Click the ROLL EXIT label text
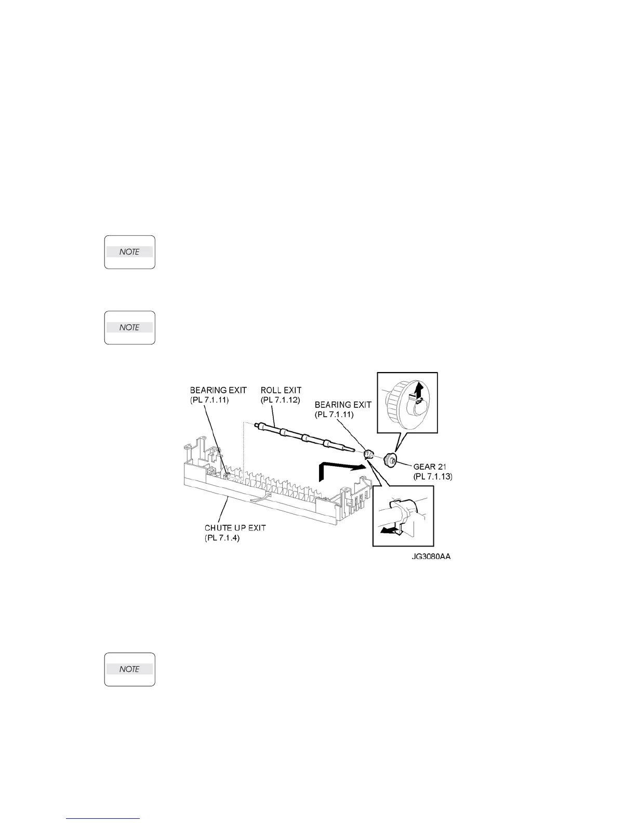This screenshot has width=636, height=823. tap(281, 390)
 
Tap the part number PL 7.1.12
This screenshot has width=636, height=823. tap(281, 399)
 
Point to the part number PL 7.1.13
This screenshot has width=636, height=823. tap(433, 476)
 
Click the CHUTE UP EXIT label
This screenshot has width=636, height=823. tap(235, 528)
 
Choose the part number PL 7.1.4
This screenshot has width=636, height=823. tap(222, 537)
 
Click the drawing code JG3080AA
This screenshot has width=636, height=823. tap(429, 557)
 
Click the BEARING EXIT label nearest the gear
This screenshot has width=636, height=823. tap(343, 404)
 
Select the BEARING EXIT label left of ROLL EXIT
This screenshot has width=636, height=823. tap(218, 390)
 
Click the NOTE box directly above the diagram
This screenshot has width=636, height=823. tap(130, 327)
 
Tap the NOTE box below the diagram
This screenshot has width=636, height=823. tap(130, 669)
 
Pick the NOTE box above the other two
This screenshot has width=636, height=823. tap(130, 252)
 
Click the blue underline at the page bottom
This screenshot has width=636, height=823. tap(103, 819)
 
